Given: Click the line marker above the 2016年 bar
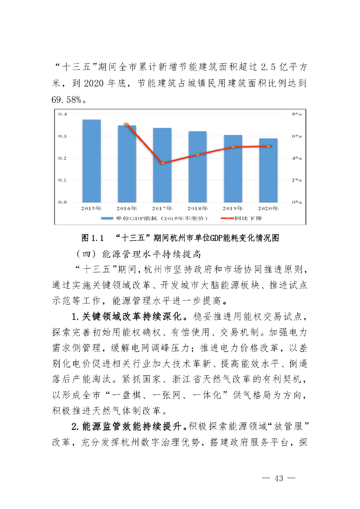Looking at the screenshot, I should point(126,125).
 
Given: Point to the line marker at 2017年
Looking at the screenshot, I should point(162,163).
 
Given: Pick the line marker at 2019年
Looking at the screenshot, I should point(233,147).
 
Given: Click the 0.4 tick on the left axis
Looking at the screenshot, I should point(63,114).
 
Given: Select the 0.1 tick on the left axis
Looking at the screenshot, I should point(63,180).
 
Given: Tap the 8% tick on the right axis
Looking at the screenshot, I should point(297,114).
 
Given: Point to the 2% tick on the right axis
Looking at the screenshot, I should point(297,180).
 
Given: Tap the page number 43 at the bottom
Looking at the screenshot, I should point(278,478).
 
